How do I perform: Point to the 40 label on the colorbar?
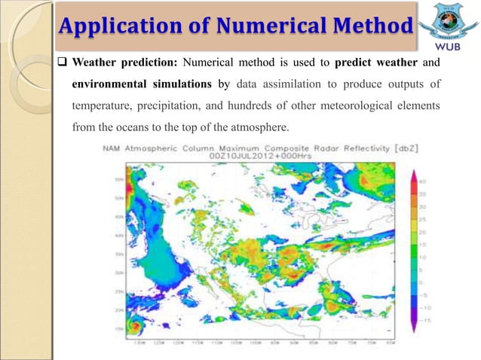click(x=422, y=181)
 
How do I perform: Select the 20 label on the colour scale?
click(x=422, y=232)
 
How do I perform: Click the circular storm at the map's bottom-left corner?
click(x=134, y=325)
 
